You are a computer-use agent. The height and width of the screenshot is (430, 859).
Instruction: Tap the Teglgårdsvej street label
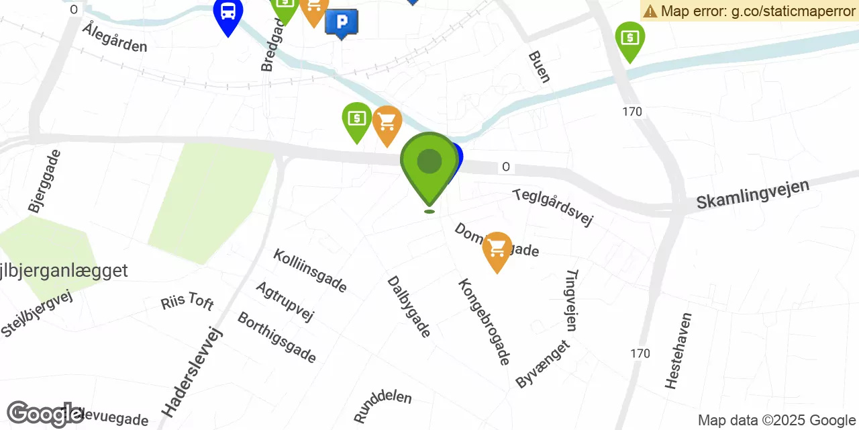point(553,207)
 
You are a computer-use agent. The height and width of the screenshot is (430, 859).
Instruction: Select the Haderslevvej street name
point(192,372)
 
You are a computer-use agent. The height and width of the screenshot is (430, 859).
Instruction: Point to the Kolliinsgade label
point(310,271)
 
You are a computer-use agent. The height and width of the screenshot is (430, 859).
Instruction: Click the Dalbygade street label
point(409,306)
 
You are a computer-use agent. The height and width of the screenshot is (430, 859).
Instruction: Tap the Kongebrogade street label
point(484,321)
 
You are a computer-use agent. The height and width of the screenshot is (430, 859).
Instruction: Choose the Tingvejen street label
point(571,300)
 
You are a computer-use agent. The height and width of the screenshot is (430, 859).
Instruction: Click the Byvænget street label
point(542,363)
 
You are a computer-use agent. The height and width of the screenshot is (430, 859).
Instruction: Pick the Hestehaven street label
point(678,350)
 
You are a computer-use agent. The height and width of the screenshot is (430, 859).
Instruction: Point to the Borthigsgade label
point(276,337)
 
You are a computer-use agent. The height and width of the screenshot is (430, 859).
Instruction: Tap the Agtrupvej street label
point(285,301)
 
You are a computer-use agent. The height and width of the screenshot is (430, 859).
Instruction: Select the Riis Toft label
point(187,301)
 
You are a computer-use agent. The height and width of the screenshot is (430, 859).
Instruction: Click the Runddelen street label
point(382,406)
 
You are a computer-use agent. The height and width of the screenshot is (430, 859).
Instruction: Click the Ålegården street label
point(115,38)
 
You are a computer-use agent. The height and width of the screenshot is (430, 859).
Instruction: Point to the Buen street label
point(539,67)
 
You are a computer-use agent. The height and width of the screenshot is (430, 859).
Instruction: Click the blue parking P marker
point(341,22)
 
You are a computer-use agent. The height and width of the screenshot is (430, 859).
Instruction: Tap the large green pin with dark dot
point(429,164)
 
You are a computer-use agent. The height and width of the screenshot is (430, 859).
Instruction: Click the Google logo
point(44,415)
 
